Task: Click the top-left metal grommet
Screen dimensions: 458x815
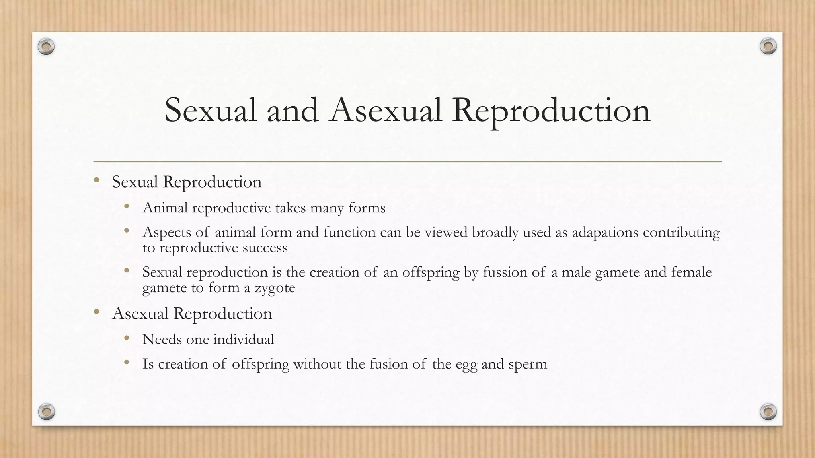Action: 46,47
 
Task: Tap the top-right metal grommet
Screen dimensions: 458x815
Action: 768,47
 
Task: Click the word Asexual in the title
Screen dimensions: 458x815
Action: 386,110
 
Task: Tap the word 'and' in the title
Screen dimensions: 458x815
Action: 292,110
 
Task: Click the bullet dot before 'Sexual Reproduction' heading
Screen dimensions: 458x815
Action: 97,181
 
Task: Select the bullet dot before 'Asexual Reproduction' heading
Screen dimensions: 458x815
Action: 97,312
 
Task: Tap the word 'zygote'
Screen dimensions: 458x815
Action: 275,288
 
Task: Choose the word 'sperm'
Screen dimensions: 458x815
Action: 528,364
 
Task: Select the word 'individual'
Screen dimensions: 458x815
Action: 244,340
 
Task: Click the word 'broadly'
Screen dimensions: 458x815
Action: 495,232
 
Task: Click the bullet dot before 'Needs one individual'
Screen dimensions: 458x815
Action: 127,338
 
